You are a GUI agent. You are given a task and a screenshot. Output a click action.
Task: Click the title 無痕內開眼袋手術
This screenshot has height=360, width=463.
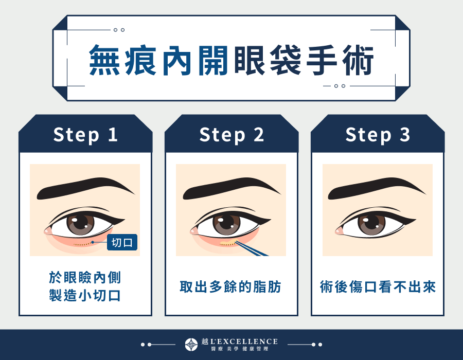(x=231, y=61)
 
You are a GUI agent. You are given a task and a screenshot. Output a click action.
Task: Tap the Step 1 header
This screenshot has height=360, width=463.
(x=85, y=135)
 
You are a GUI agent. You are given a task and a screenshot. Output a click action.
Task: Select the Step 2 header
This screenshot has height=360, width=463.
(x=232, y=135)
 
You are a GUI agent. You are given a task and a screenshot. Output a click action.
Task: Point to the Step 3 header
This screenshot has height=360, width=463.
(x=378, y=135)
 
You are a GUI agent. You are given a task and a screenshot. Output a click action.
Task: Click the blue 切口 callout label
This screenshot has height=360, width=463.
(x=122, y=242)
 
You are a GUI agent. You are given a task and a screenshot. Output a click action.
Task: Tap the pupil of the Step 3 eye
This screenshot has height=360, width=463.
(x=372, y=224)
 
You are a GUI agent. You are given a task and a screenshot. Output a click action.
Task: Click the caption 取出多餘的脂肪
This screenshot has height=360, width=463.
(x=231, y=286)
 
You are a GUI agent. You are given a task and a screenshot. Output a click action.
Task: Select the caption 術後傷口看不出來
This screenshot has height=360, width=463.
(x=378, y=286)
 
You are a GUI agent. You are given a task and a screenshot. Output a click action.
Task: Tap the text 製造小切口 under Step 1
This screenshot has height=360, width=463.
(x=85, y=296)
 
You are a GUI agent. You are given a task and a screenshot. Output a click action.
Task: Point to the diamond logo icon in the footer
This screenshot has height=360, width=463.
(x=191, y=345)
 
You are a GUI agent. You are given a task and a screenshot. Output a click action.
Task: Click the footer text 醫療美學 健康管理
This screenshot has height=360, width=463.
(x=239, y=349)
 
